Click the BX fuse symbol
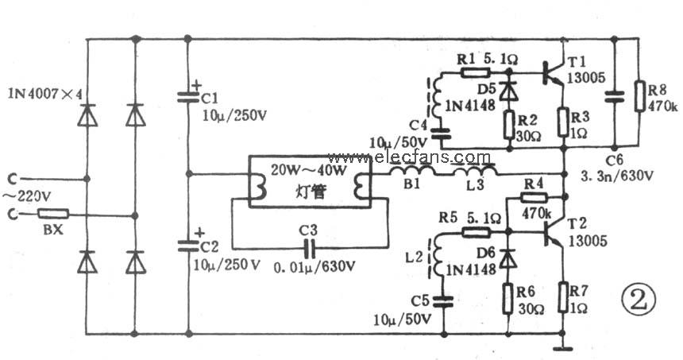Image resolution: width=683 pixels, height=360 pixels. tap(53, 214)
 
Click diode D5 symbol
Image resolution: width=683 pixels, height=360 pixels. tap(507, 90)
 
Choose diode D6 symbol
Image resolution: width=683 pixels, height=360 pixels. tap(507, 257)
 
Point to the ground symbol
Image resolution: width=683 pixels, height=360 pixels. tap(563, 347)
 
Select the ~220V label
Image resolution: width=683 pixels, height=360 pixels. tap(29, 195)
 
